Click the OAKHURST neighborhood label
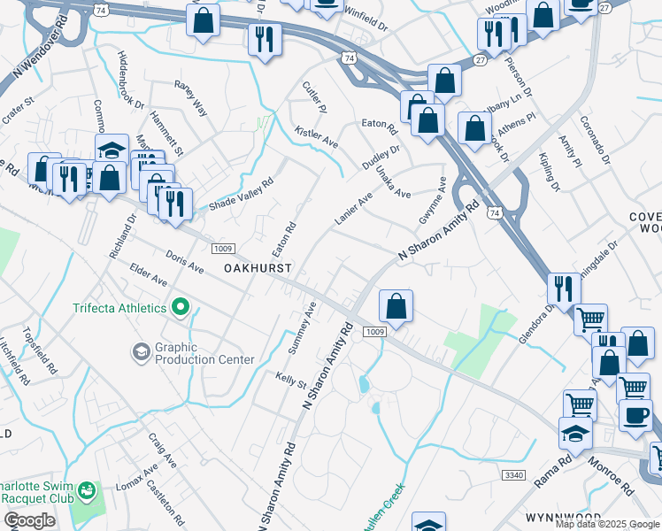(258, 266)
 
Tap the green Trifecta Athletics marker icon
(181, 307)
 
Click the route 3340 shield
(514, 475)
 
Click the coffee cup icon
(635, 415)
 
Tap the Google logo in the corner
(30, 519)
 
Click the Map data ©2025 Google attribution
(607, 524)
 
